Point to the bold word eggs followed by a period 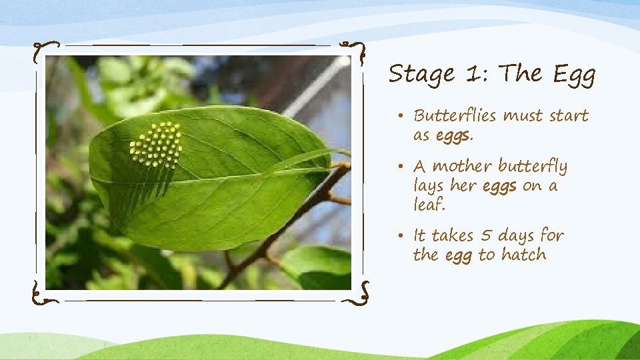pos(455,137)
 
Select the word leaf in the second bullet pos(428,205)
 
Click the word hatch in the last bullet pos(523,255)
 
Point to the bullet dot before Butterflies pos(404,117)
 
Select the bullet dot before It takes pos(404,236)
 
